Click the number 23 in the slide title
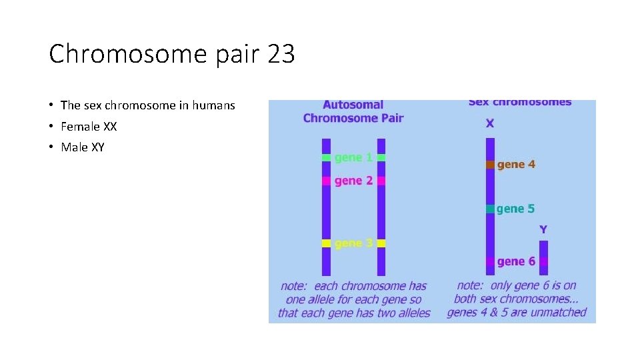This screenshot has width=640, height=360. [x=281, y=54]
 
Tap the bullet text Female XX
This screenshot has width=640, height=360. [x=88, y=126]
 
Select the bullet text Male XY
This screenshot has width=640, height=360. [x=82, y=147]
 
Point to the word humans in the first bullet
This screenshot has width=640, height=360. [x=213, y=105]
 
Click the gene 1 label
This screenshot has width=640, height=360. [x=353, y=158]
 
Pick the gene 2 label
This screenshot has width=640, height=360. [x=353, y=181]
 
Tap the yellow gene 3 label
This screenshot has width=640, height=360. [x=353, y=243]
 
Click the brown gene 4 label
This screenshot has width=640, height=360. [x=516, y=164]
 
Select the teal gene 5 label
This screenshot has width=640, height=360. [x=516, y=209]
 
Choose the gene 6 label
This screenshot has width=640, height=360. [x=516, y=261]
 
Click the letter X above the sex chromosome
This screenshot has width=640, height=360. [x=490, y=123]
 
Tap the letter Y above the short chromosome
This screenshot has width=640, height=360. [x=543, y=229]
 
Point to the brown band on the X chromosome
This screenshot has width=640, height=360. [x=490, y=164]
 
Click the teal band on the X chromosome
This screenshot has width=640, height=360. [x=490, y=209]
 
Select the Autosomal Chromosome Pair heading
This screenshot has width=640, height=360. [x=353, y=111]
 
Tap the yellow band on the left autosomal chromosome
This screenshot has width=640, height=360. [x=326, y=243]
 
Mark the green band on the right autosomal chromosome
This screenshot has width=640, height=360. [x=381, y=158]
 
